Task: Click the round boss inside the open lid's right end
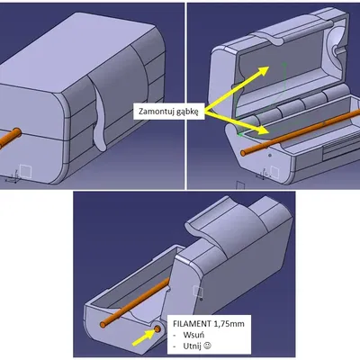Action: click(x=335, y=48)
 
